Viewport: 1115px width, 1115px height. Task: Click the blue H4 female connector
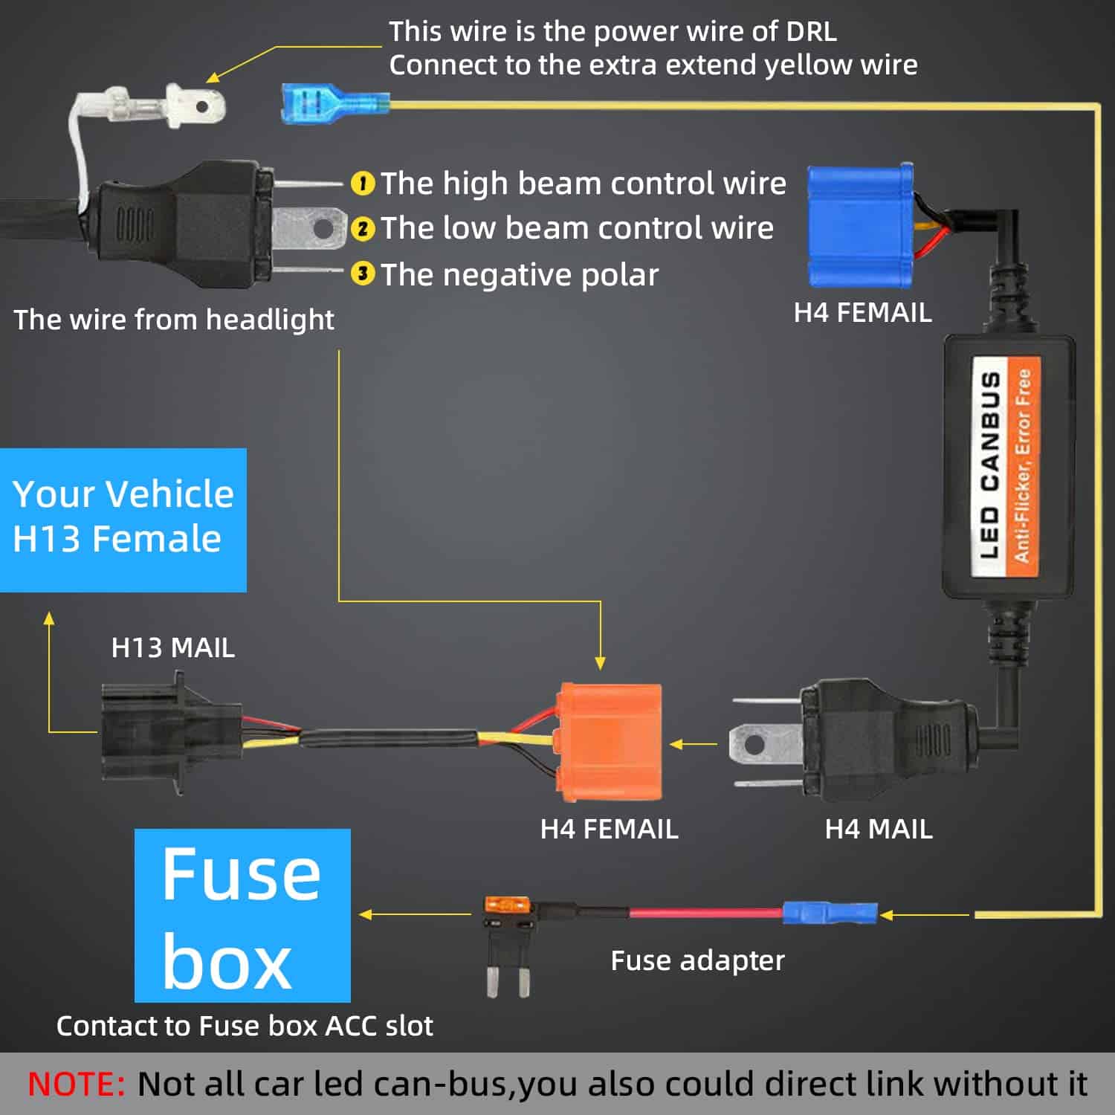coord(861,225)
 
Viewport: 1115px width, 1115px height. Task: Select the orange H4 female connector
coord(610,743)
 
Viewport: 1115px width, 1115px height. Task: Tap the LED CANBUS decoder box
coord(1009,467)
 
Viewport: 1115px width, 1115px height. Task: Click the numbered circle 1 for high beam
coord(362,183)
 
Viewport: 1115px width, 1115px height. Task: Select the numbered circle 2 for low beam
coord(362,228)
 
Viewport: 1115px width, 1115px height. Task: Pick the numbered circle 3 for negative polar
coord(362,274)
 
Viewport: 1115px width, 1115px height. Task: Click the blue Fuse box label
coord(242,915)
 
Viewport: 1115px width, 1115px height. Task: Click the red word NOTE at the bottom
coord(76,1084)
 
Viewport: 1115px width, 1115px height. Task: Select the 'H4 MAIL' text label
coord(878,829)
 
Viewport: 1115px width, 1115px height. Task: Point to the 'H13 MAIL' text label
coord(172,647)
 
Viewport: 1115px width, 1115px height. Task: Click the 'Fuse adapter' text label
coord(697,960)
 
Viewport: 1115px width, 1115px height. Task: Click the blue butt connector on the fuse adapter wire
coord(830,912)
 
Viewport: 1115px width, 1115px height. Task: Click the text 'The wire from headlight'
coord(174,320)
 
